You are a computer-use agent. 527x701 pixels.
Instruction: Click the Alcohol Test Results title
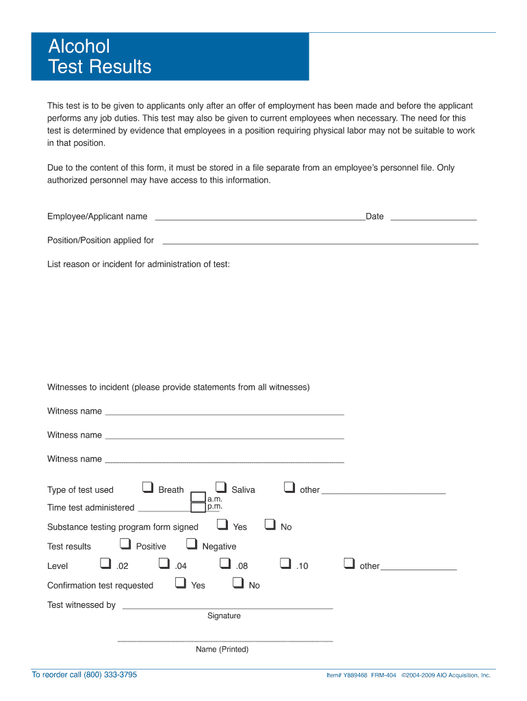(100, 57)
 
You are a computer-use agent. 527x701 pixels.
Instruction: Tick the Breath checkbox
(147, 487)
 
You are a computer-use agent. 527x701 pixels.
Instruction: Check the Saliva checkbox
(220, 487)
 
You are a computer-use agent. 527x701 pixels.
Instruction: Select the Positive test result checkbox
(125, 544)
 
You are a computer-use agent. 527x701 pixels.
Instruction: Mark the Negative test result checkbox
(191, 544)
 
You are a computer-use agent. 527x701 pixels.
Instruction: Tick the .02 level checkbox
(105, 563)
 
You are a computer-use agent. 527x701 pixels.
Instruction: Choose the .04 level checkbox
(164, 563)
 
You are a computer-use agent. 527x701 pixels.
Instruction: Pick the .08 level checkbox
(224, 563)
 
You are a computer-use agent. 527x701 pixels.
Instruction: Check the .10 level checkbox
(285, 563)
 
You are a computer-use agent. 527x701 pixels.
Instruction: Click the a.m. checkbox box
(198, 497)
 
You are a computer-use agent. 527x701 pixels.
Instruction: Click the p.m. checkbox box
(198, 507)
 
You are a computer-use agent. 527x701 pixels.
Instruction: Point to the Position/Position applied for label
(101, 240)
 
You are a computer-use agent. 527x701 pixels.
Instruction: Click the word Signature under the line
(224, 615)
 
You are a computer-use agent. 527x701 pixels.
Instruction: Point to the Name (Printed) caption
(222, 649)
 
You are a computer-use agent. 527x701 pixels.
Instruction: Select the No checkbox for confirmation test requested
(238, 583)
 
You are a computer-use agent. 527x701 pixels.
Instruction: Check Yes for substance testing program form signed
(222, 525)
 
